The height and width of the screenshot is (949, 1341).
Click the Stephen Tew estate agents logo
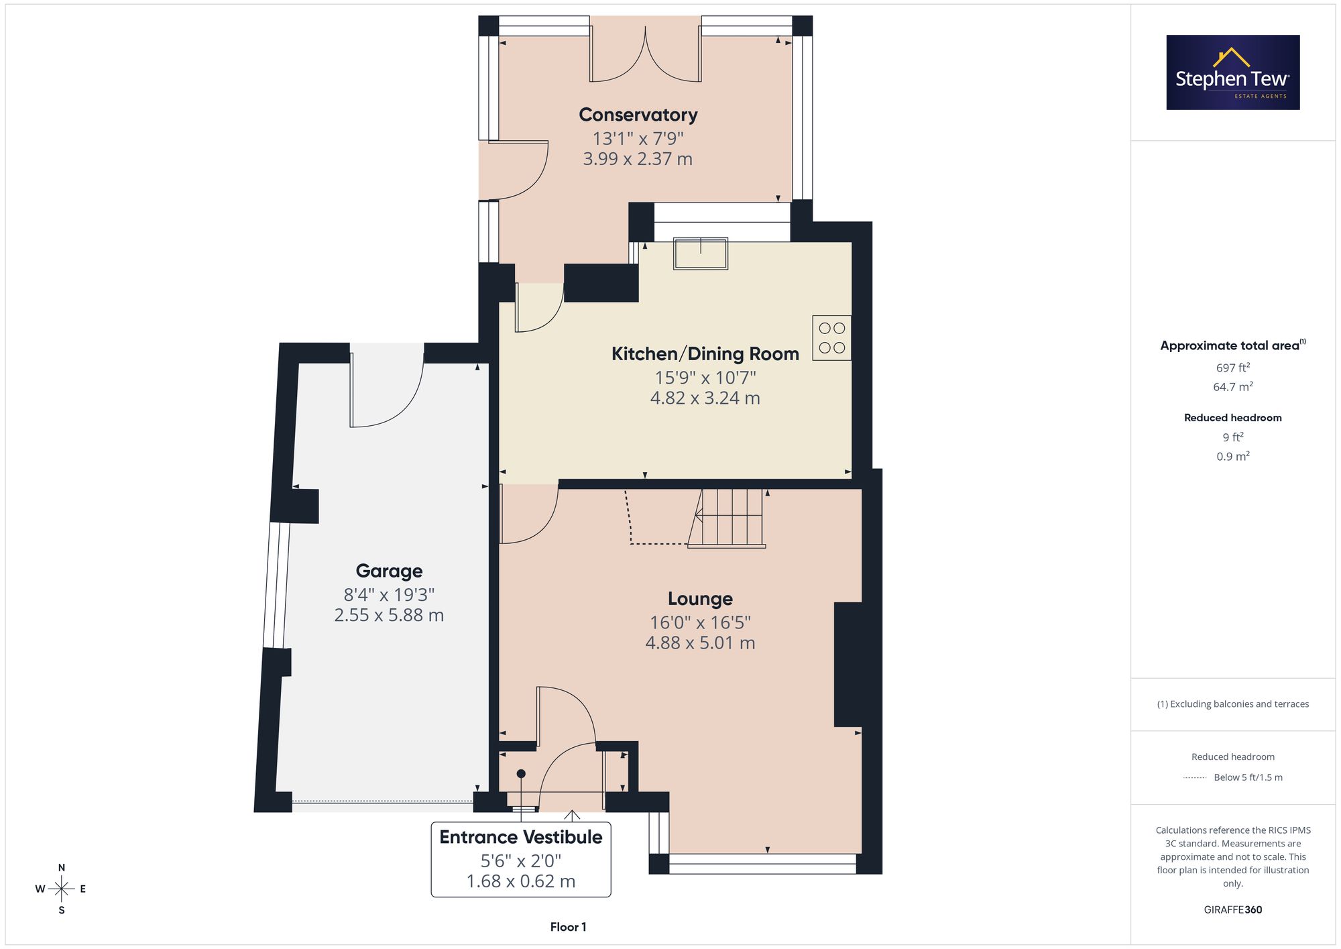pos(1233,72)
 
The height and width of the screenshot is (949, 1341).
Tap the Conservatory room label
pos(638,115)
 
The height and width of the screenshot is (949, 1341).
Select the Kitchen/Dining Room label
pos(705,353)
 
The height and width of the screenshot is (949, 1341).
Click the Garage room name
pos(389,571)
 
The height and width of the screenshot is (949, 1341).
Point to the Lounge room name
pos(700,598)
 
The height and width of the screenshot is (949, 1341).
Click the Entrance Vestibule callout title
pos(521,837)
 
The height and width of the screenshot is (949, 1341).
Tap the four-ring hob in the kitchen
pos(832,338)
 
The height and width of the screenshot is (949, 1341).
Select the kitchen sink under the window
pos(701,254)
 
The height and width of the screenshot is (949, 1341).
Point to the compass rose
pos(62,889)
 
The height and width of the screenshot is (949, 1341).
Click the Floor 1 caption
pos(569,927)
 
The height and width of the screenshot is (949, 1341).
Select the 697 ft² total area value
pos(1233,368)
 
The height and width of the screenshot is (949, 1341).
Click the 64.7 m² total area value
pos(1233,387)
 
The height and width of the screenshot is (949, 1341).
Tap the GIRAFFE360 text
pos(1233,910)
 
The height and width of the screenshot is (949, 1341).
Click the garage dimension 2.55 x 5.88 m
pos(389,615)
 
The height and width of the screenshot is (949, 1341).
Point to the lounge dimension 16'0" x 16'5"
pos(700,622)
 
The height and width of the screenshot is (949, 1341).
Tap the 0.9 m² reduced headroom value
pos(1233,456)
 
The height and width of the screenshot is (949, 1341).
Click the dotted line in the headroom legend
pos(1195,778)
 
